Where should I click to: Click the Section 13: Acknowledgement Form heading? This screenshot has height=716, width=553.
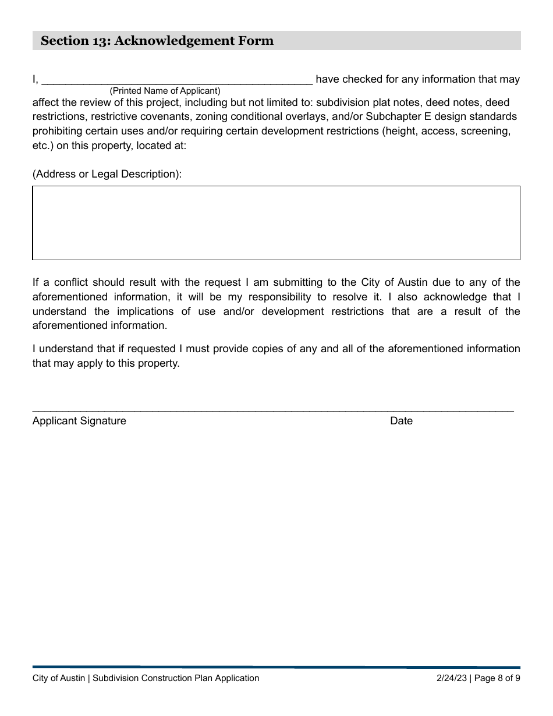157,41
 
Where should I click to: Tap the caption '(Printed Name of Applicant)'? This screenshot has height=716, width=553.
165,91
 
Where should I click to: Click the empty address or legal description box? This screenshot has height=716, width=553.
276,222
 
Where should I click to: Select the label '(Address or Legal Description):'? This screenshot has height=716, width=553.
107,174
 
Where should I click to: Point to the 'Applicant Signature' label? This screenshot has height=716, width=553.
79,421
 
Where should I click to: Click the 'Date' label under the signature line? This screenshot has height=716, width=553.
401,421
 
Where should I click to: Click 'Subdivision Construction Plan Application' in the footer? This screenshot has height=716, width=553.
176,678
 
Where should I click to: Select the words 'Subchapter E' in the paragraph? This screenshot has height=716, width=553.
395,116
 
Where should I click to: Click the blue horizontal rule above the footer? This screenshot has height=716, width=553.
276,667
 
